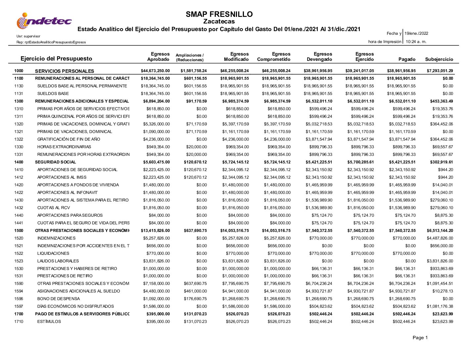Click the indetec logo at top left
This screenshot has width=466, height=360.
click(44, 21)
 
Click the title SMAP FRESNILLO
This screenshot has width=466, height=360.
click(219, 14)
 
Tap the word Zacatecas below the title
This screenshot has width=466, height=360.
click(219, 22)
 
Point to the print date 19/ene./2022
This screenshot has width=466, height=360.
click(416, 33)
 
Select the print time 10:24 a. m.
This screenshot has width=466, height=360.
click(416, 42)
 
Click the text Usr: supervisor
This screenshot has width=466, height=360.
click(28, 36)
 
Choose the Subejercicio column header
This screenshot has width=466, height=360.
click(439, 59)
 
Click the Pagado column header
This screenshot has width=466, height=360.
click(407, 59)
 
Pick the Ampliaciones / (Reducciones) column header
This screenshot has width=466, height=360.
click(190, 58)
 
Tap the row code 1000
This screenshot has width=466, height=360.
click(19, 71)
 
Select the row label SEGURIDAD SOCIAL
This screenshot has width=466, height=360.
click(56, 162)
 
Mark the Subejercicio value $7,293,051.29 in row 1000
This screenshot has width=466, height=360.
click(440, 71)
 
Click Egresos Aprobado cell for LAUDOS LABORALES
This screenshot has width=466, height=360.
click(156, 261)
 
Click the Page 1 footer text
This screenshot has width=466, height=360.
click(420, 338)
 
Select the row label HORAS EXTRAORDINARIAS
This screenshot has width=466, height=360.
click(64, 147)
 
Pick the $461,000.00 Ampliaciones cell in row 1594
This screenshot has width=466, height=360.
click(195, 291)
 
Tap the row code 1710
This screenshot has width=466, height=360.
click(19, 322)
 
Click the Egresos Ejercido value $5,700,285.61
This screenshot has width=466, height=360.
click(360, 162)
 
